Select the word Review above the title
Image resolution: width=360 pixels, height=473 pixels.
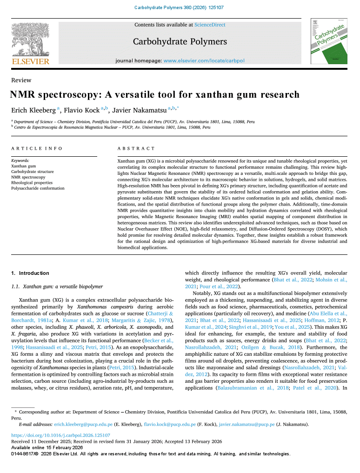(x=21, y=80)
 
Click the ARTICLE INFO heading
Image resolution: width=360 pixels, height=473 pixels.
(x=37, y=148)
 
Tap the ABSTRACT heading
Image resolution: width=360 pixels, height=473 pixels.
(x=136, y=148)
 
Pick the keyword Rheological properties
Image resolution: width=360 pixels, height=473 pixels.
(x=32, y=183)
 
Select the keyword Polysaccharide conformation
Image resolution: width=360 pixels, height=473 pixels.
(x=38, y=188)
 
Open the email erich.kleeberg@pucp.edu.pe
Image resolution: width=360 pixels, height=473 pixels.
(x=83, y=425)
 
